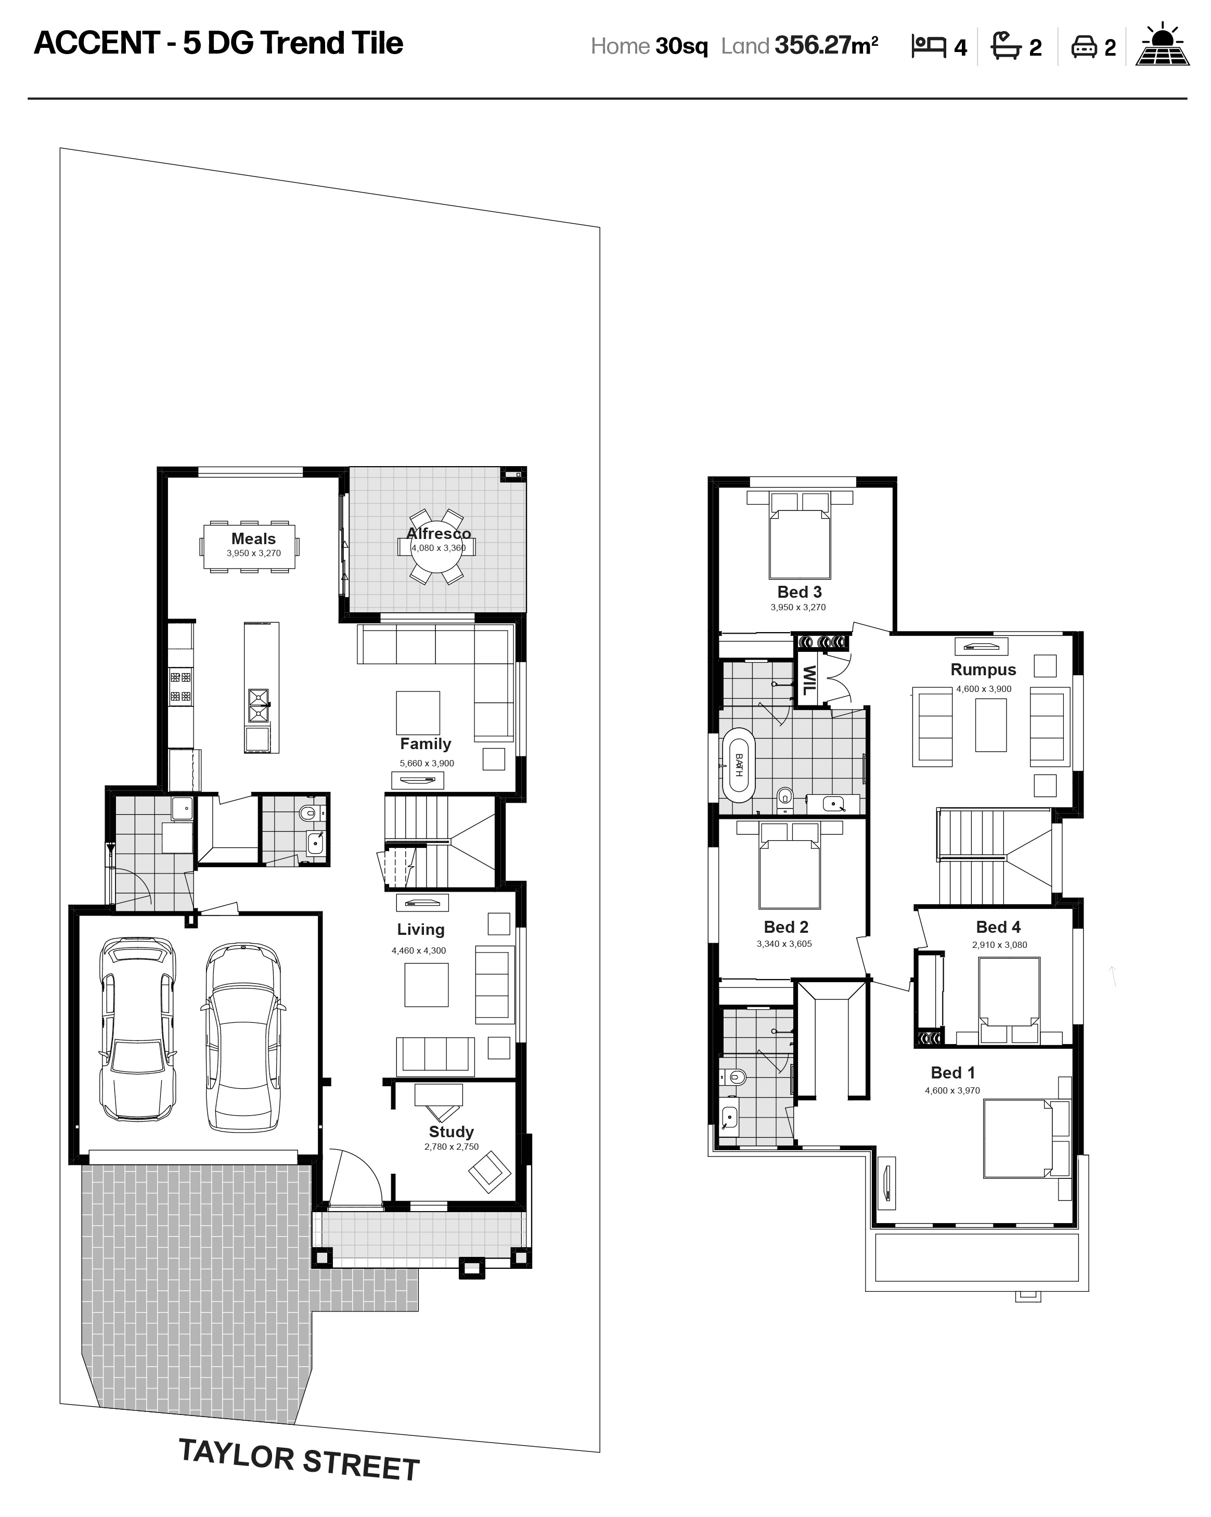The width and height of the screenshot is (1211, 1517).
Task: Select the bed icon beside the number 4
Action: (x=928, y=46)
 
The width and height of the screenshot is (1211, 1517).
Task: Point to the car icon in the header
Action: (x=1085, y=47)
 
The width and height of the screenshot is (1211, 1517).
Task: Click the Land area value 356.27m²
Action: (x=826, y=46)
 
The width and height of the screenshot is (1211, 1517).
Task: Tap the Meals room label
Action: (x=253, y=538)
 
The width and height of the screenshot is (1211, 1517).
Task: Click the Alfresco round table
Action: (x=436, y=547)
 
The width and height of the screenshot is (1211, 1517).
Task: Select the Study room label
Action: (x=451, y=1132)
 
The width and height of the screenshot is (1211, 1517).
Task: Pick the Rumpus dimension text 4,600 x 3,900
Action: (x=983, y=689)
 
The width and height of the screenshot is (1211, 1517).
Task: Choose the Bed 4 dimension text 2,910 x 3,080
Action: (x=999, y=944)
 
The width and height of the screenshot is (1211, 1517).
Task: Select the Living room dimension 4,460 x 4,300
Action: (x=419, y=950)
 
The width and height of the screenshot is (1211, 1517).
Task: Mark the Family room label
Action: (x=426, y=744)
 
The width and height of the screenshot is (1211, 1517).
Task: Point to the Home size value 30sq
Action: (x=681, y=46)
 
